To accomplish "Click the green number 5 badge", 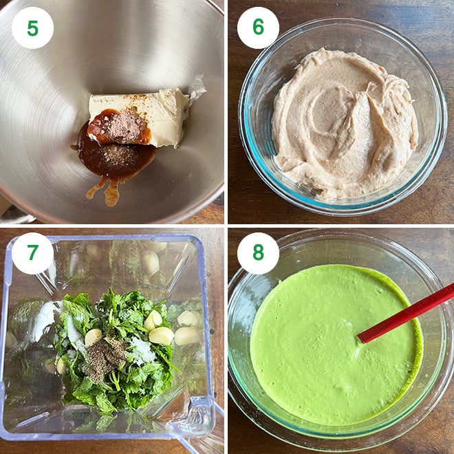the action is (32, 28).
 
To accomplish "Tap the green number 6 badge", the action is (258, 28).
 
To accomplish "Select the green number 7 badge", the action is (32, 253).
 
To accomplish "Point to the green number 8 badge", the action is (258, 253).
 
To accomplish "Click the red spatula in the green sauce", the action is (405, 314).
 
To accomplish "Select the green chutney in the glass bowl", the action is (336, 345).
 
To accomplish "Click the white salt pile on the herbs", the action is (142, 350).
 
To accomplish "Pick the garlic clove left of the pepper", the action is (94, 338).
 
